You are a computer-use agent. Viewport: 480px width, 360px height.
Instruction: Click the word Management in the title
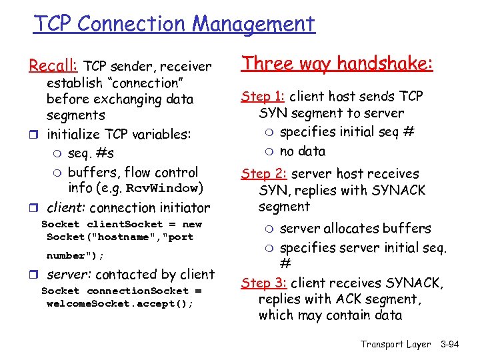pyautogui.click(x=253, y=24)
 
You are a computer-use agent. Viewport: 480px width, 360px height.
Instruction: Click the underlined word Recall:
pyautogui.click(x=53, y=66)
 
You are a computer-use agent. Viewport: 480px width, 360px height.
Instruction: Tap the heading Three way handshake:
pyautogui.click(x=337, y=63)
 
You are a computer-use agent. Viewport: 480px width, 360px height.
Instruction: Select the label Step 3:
pyautogui.click(x=265, y=283)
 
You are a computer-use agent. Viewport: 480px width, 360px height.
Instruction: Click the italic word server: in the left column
pyautogui.click(x=68, y=274)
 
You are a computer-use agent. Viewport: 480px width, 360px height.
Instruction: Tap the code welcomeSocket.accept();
pyautogui.click(x=120, y=303)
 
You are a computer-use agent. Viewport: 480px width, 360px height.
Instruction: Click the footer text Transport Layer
pyautogui.click(x=396, y=344)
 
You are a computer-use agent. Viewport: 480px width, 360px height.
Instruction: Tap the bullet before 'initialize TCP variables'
pyautogui.click(x=33, y=135)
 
